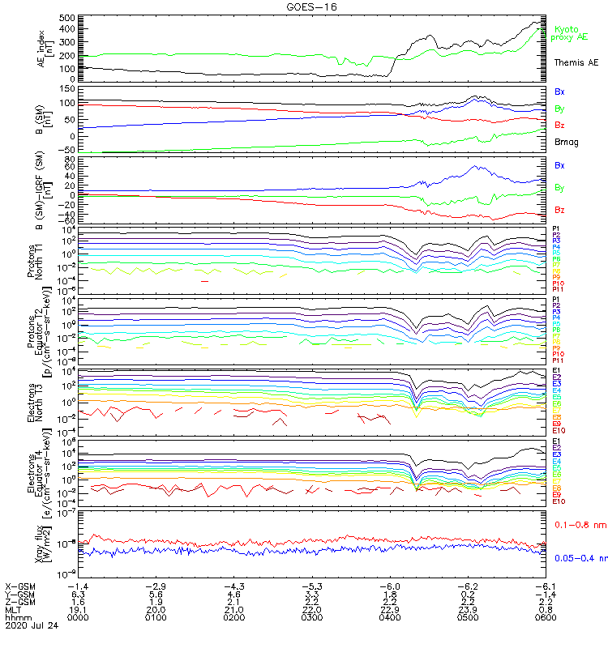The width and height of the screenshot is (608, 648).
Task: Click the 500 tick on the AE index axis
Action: click(66, 18)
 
